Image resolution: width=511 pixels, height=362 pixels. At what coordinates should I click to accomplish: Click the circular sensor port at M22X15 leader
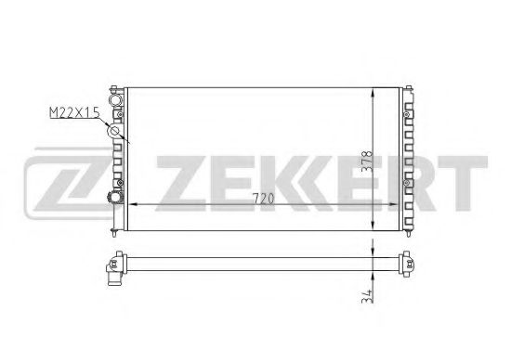pyautogui.click(x=115, y=132)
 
